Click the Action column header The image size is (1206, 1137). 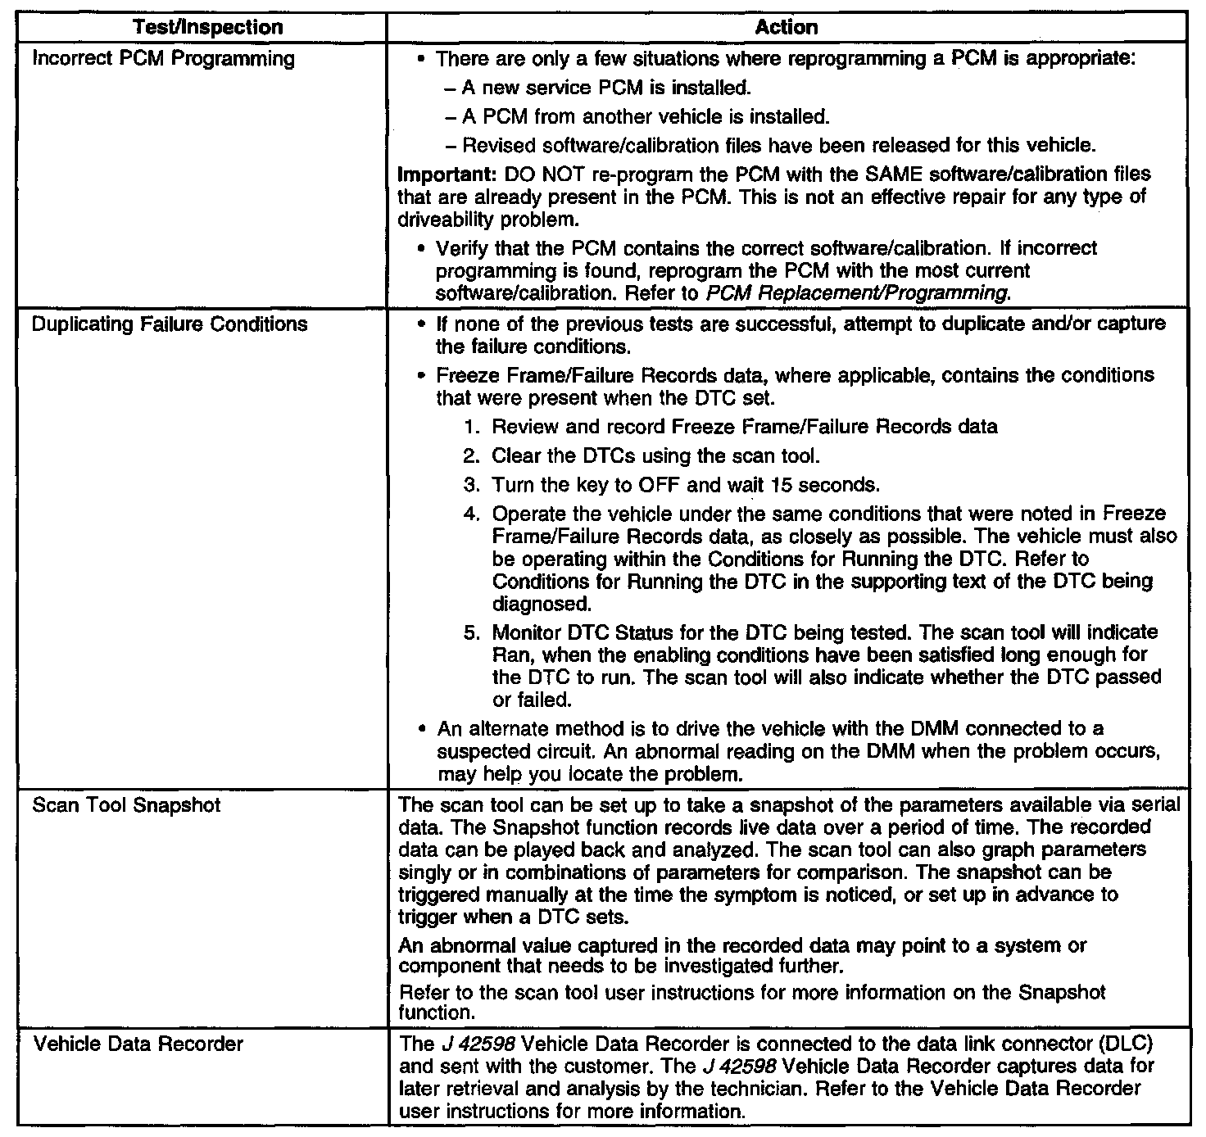[787, 27]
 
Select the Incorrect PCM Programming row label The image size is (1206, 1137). [163, 59]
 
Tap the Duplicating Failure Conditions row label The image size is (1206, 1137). [170, 324]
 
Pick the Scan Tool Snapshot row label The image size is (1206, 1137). [126, 805]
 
